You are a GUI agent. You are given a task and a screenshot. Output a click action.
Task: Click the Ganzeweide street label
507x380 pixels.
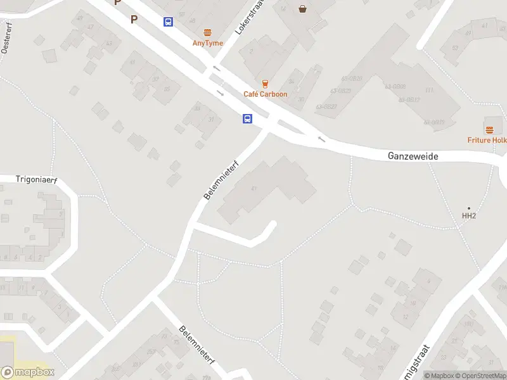coord(413,156)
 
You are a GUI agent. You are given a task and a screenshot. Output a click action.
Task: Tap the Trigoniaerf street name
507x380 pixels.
coord(36,180)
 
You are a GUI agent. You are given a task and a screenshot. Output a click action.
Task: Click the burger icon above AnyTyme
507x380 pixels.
coord(207,32)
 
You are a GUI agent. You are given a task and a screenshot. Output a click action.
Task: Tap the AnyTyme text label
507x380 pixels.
coord(207,43)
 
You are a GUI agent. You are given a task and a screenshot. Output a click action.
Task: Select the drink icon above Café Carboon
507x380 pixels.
coord(265,84)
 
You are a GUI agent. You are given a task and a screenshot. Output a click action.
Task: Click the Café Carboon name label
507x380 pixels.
coord(265,94)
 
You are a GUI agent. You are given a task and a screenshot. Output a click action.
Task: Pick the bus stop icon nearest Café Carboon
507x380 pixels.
coord(248,118)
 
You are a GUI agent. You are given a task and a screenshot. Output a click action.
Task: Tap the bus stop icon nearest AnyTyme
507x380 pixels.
coord(168,22)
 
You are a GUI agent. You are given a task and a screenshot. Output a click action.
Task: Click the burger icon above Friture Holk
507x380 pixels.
coord(489,130)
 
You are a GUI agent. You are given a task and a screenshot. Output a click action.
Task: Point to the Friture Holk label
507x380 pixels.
coord(487,140)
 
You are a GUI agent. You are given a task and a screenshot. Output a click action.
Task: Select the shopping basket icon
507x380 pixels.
coord(302,9)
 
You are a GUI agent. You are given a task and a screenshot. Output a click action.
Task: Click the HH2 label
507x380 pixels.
coord(468,217)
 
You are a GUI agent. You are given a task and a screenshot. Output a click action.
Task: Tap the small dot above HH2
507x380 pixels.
coord(469,208)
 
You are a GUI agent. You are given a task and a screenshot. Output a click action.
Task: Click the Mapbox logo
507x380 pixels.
coord(28,372)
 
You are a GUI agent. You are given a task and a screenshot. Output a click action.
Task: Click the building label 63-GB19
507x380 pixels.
coord(433,122)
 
